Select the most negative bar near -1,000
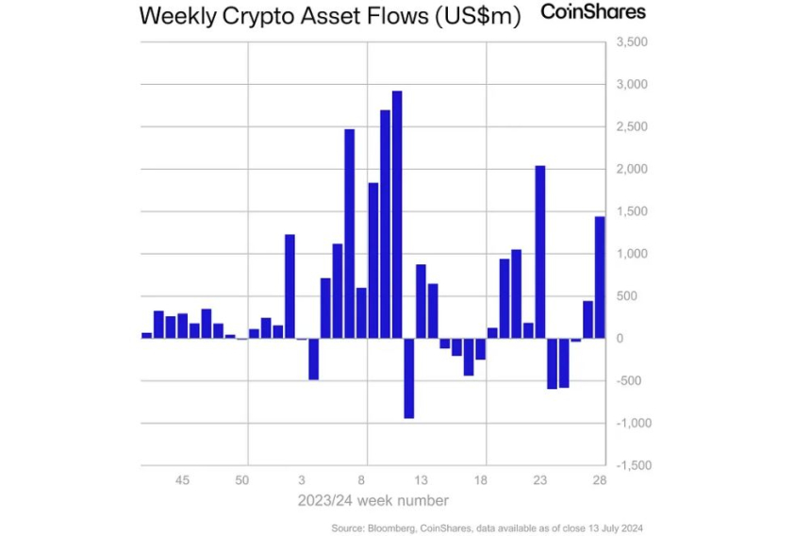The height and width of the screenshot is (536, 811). (408, 377)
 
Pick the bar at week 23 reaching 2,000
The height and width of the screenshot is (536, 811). (540, 252)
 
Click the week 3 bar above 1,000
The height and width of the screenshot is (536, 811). (290, 286)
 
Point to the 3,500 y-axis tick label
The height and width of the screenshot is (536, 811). (631, 42)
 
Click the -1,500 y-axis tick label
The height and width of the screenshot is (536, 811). (631, 465)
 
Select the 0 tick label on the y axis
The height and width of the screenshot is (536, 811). (619, 339)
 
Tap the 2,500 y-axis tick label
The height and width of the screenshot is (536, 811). (631, 127)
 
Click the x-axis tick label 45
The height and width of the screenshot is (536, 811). (183, 480)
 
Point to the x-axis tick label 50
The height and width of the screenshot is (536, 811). (242, 480)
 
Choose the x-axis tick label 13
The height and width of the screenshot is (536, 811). (422, 480)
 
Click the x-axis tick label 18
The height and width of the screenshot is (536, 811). (481, 480)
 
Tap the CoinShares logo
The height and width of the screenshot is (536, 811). (593, 11)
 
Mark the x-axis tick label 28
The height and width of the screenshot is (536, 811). (600, 480)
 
